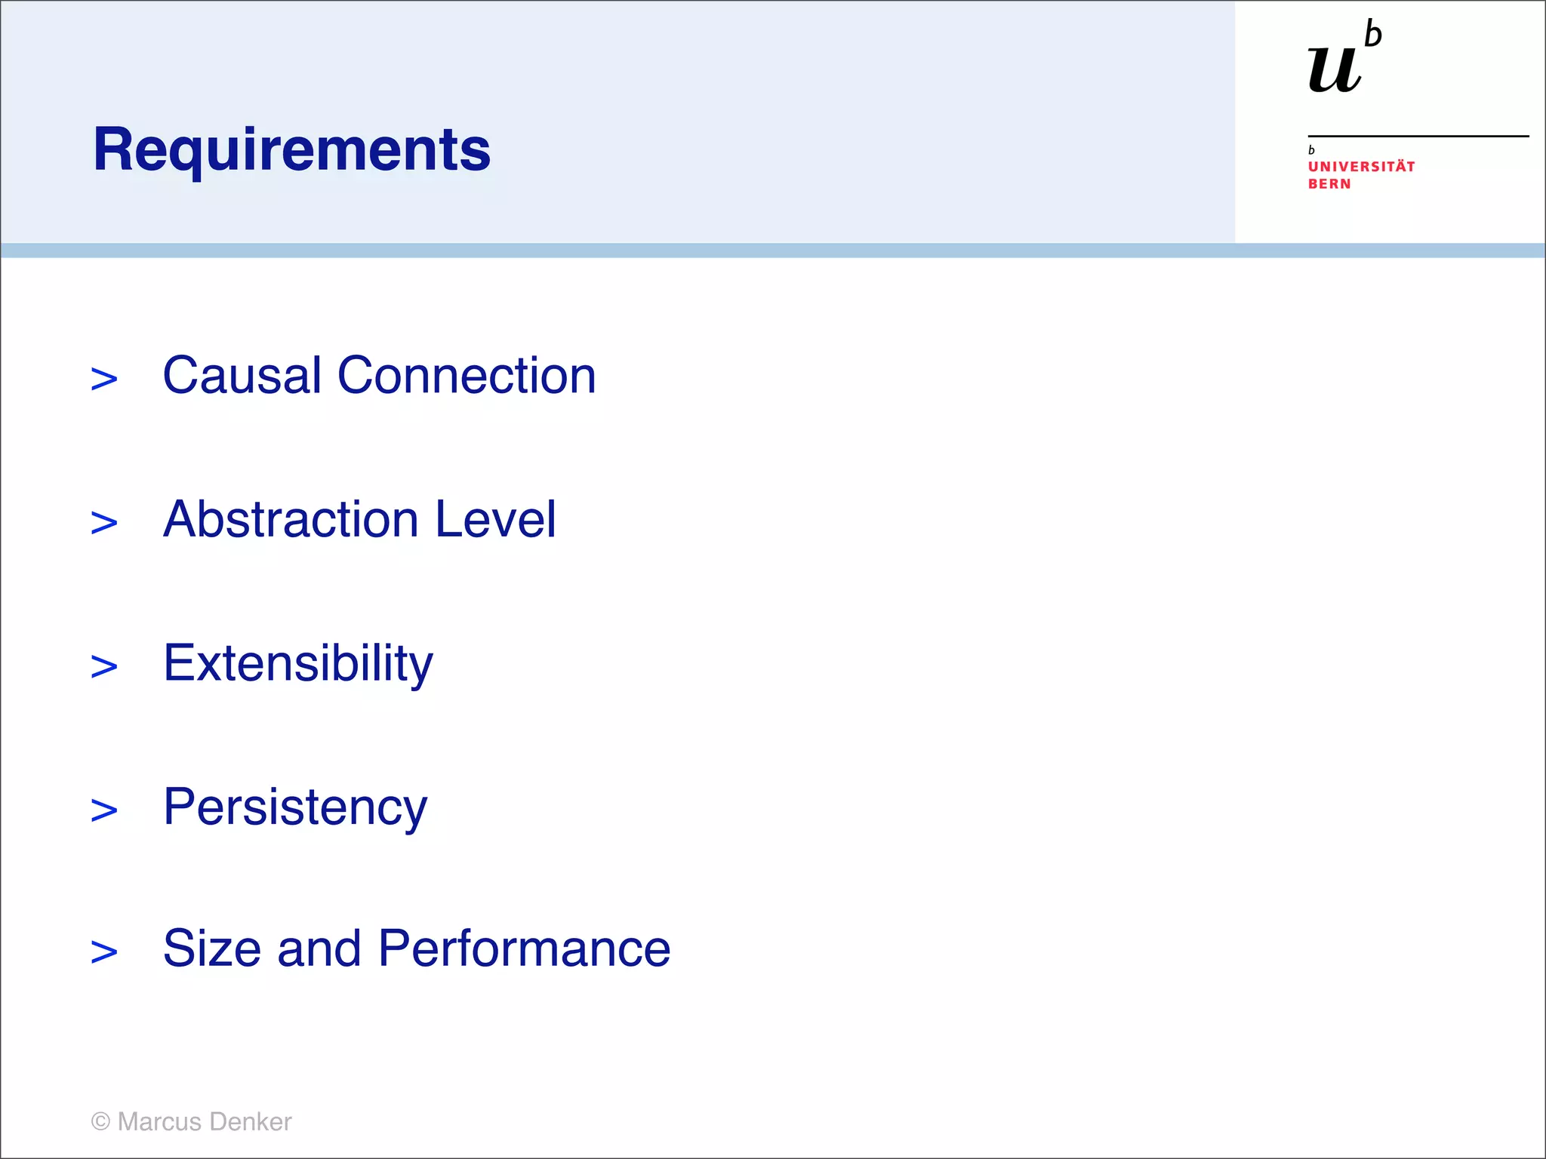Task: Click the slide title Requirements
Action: (291, 149)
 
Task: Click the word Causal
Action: (242, 375)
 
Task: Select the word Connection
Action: (466, 375)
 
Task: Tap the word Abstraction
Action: (291, 519)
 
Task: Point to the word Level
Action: (495, 519)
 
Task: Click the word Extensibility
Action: (298, 663)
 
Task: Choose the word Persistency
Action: (295, 807)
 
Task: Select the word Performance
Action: (524, 948)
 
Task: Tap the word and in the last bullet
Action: (319, 948)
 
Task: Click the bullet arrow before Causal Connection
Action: (104, 379)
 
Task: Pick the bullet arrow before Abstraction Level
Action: (104, 523)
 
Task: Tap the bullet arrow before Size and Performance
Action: (104, 952)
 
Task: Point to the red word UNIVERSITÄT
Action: (1361, 167)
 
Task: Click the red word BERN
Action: (1329, 184)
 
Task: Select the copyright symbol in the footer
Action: (100, 1121)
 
